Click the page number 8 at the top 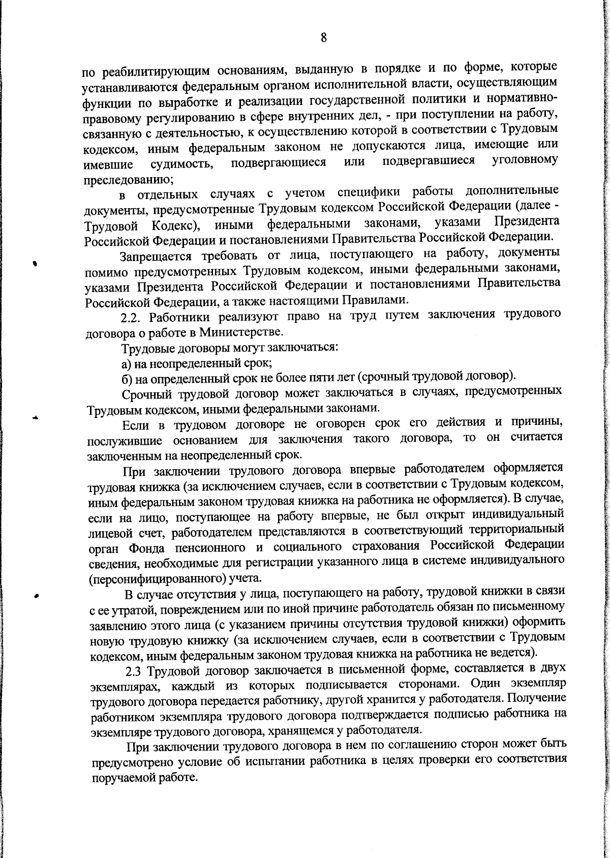click(323, 39)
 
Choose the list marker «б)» click(127, 379)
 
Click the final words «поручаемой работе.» click(144, 779)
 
